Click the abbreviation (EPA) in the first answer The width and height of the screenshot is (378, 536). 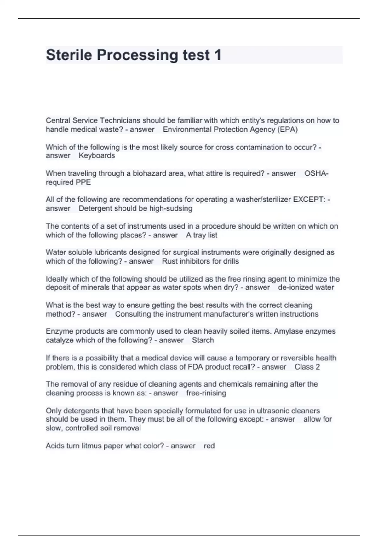click(x=287, y=130)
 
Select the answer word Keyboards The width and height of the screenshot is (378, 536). click(x=97, y=156)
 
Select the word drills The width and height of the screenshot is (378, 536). click(x=231, y=261)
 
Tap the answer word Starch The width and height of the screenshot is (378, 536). click(x=203, y=340)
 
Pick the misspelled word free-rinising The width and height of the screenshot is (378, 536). click(x=206, y=393)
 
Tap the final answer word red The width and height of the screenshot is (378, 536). click(x=209, y=446)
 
